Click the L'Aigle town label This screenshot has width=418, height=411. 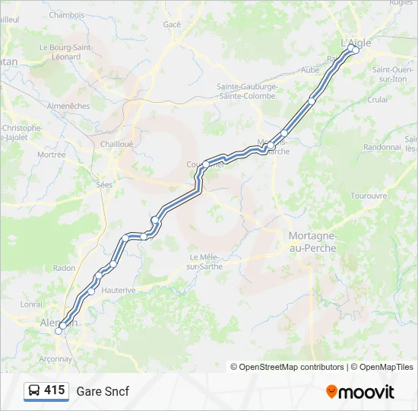click(x=356, y=43)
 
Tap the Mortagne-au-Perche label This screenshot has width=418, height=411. click(x=312, y=242)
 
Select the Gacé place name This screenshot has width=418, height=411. click(x=172, y=24)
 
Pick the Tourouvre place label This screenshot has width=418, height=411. click(x=369, y=196)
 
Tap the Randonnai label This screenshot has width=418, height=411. click(x=382, y=147)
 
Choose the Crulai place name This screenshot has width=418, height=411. click(x=378, y=99)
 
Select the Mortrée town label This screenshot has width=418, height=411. click(x=51, y=155)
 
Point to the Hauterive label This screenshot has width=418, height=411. click(x=118, y=290)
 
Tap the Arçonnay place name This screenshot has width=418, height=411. click(x=55, y=358)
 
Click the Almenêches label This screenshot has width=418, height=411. click(x=68, y=106)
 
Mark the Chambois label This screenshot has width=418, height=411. click(x=67, y=14)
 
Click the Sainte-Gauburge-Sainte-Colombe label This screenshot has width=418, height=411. click(x=248, y=91)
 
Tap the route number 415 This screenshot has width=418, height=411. click(x=54, y=390)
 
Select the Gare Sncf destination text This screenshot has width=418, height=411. click(x=103, y=391)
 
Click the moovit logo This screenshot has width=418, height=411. click(x=360, y=392)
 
